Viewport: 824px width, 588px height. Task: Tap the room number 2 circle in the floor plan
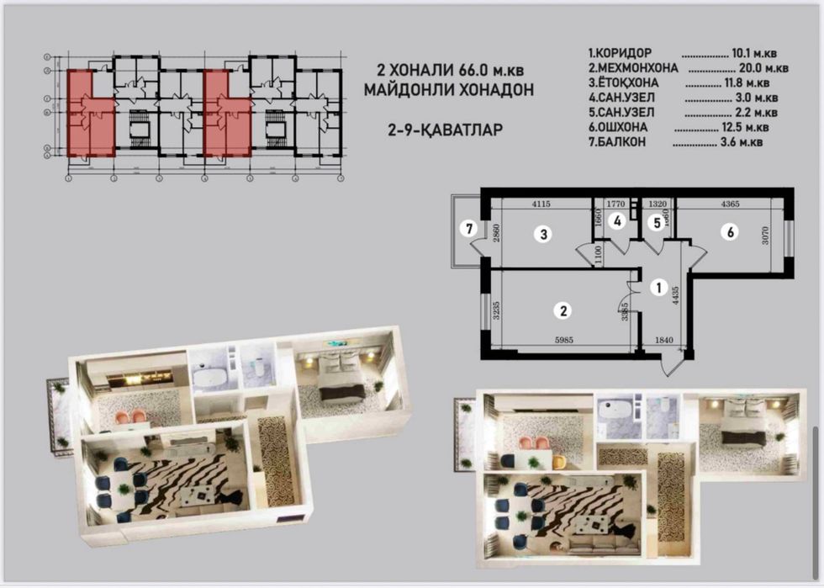[x=561, y=310]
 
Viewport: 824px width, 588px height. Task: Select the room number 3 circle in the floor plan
[x=544, y=235]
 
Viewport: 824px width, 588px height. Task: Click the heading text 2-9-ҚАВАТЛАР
[x=458, y=130]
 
